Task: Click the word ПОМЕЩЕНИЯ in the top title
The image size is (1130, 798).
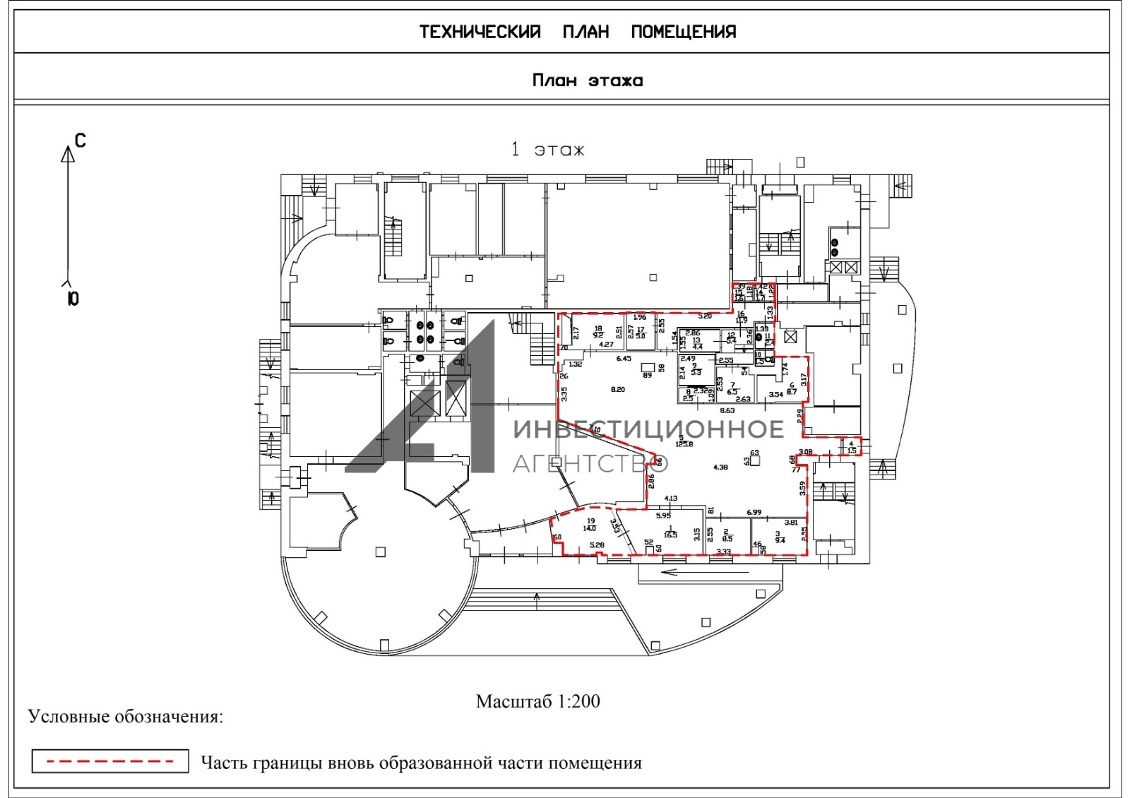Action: pos(683,32)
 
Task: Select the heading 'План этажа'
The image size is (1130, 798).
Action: pos(587,81)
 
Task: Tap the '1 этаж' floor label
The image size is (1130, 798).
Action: pos(548,150)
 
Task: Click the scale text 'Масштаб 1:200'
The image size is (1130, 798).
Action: pos(538,701)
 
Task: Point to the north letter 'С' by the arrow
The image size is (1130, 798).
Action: pos(80,141)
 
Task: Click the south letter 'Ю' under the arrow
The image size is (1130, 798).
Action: pos(73,299)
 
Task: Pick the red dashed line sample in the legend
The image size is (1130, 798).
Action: pos(110,761)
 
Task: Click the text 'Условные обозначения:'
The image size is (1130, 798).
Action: pos(126,717)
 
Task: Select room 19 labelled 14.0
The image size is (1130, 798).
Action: pos(590,525)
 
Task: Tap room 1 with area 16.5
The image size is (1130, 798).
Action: pos(670,532)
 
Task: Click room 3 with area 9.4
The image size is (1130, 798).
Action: pos(778,537)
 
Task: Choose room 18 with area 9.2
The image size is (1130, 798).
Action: pos(598,332)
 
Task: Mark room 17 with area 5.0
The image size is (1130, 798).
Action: pos(641,333)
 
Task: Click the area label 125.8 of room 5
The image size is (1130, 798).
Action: pos(684,443)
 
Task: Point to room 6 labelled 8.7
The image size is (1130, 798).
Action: pos(791,388)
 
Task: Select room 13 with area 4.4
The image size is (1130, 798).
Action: pos(696,344)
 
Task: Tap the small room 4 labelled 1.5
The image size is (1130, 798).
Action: pos(852,447)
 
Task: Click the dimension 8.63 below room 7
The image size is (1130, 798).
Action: pos(727,410)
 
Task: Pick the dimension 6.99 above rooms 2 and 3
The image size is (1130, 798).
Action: pos(754,513)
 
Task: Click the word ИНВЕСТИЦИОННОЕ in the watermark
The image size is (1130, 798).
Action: pos(648,429)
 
